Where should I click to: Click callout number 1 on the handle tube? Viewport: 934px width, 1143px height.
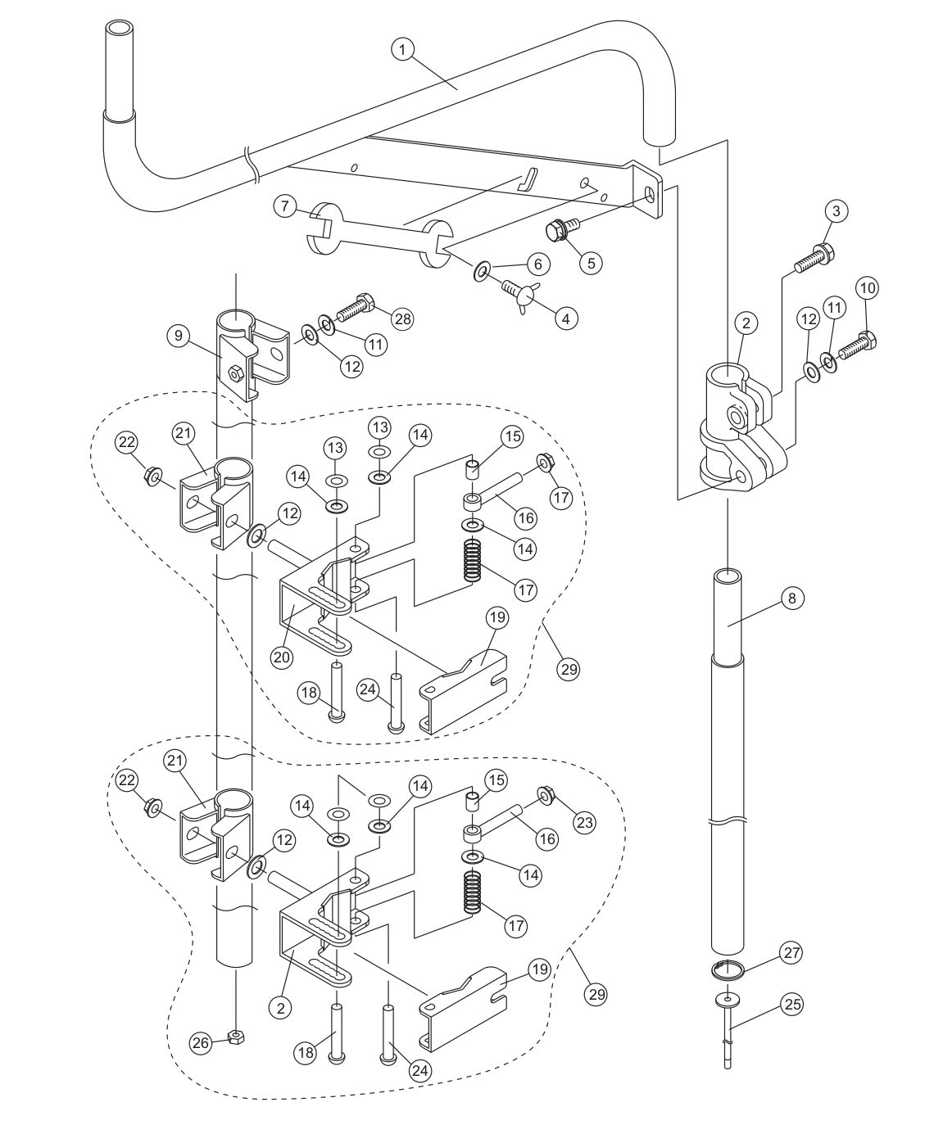402,50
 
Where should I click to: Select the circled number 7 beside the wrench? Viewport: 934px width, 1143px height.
285,206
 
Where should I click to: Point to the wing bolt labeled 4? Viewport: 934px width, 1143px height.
517,292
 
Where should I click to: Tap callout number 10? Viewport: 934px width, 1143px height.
868,288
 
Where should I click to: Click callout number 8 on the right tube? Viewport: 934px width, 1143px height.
791,599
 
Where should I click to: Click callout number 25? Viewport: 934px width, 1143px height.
791,1005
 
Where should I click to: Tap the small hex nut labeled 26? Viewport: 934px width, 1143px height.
234,1037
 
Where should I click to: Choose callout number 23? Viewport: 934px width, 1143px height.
584,820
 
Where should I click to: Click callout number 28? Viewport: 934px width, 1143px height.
403,318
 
